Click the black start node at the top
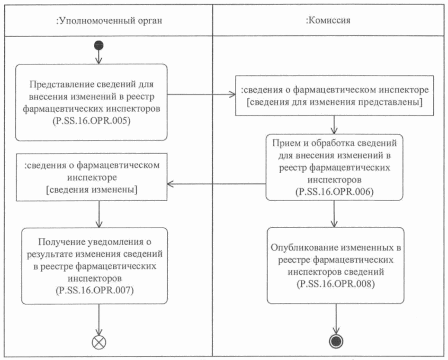(99, 45)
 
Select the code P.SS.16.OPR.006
(335, 190)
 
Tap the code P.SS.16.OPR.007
(94, 289)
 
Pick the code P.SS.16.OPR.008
(336, 284)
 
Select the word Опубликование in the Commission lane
(295, 248)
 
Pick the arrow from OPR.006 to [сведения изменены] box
(216, 184)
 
